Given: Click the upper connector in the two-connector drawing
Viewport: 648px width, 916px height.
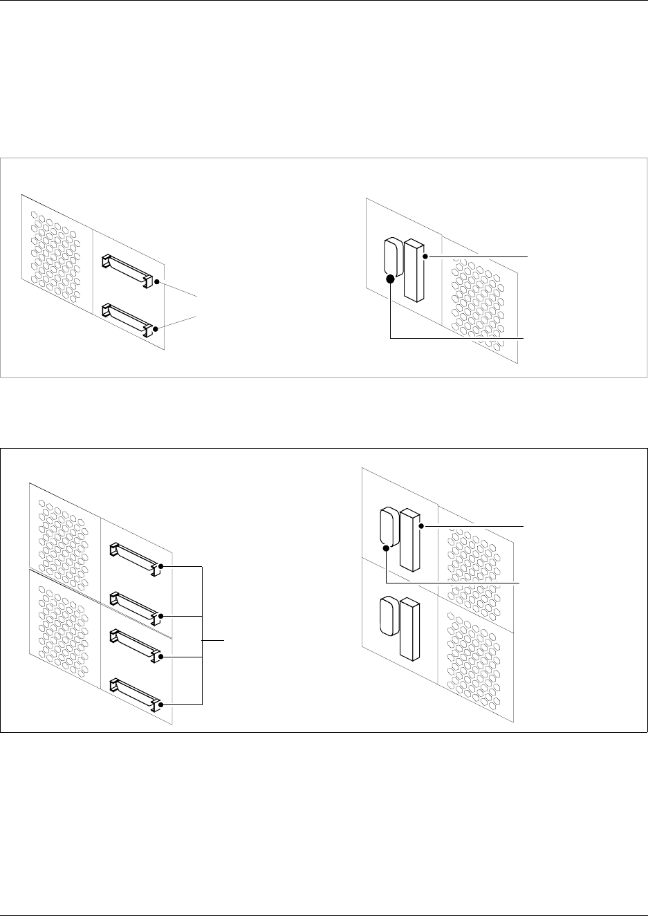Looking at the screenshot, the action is point(127,270).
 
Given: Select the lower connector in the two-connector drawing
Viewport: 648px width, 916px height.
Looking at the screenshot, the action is point(127,319).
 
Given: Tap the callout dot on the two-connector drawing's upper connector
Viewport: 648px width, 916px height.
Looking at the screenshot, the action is point(158,281).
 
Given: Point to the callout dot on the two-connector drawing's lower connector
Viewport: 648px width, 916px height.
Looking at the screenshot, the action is point(158,329).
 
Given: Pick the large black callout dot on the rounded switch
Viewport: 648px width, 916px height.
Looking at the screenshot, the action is point(390,279).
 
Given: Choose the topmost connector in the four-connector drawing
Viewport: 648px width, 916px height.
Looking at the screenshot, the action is point(134,557).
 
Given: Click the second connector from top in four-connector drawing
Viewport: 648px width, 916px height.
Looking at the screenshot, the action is point(134,606).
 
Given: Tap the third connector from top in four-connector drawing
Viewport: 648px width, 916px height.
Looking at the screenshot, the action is point(134,644).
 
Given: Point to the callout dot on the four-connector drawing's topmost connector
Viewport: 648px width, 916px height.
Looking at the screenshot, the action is point(160,567).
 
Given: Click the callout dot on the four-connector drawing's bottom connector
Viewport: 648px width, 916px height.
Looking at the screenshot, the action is point(160,705).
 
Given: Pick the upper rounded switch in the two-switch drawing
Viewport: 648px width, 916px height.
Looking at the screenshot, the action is point(387,527).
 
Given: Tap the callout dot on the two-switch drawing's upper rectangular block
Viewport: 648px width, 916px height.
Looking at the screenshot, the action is point(424,527).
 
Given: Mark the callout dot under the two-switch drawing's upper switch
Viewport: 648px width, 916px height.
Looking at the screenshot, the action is point(385,549).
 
